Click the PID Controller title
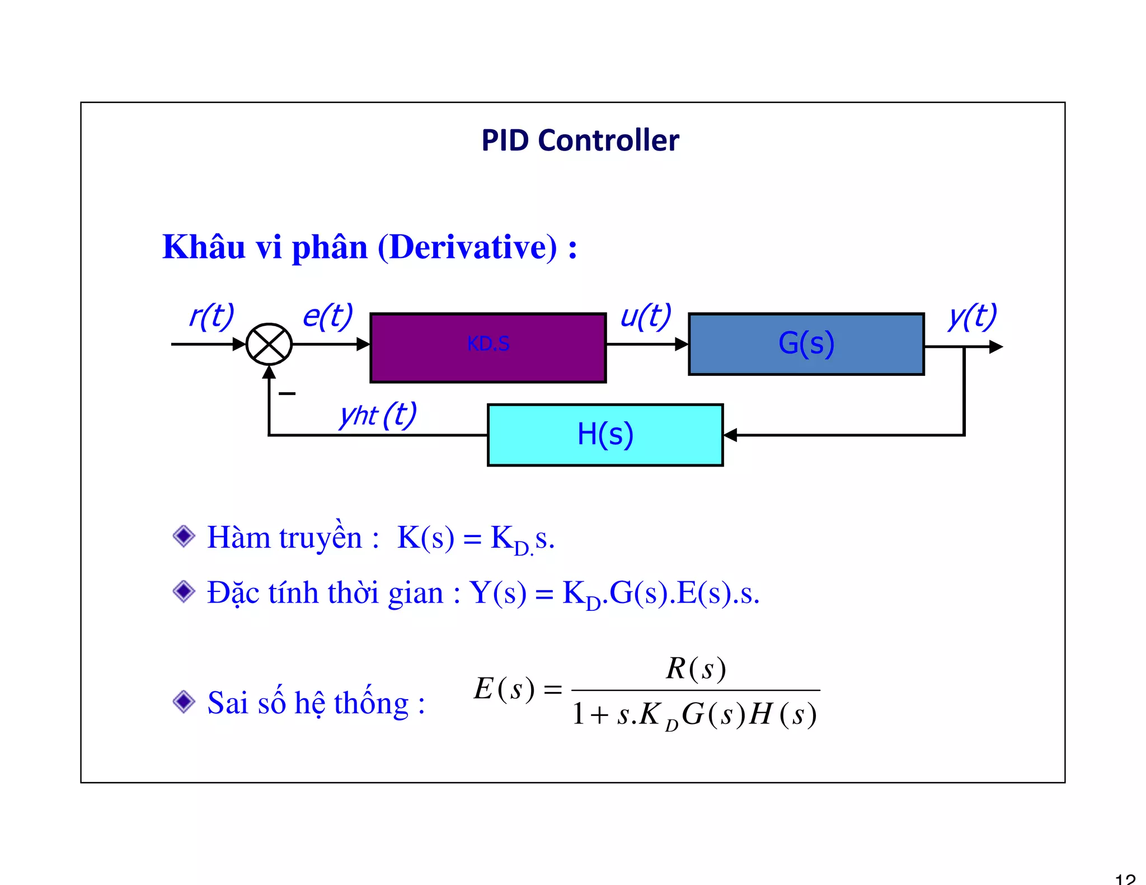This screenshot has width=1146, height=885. [580, 140]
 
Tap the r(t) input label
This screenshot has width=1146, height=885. [211, 317]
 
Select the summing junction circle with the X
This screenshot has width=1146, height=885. [269, 344]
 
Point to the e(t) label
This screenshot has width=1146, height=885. [327, 317]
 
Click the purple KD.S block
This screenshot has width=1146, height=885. [488, 348]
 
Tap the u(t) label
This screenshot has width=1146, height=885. [646, 317]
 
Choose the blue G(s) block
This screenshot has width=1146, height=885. [806, 343]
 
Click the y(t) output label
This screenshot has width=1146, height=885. [972, 317]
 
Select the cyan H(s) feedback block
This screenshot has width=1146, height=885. [605, 435]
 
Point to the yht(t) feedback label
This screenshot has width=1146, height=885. [378, 415]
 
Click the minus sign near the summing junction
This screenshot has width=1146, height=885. [286, 394]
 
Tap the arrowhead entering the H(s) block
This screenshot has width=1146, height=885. [730, 435]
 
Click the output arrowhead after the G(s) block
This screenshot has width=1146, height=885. [995, 347]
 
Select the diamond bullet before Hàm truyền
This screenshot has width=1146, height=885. [184, 536]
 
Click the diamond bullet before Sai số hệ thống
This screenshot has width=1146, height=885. [184, 702]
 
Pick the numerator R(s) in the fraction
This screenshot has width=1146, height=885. [696, 669]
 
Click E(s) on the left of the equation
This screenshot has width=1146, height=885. [504, 689]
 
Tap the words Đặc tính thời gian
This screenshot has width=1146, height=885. [325, 593]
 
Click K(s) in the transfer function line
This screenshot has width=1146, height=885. [425, 538]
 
